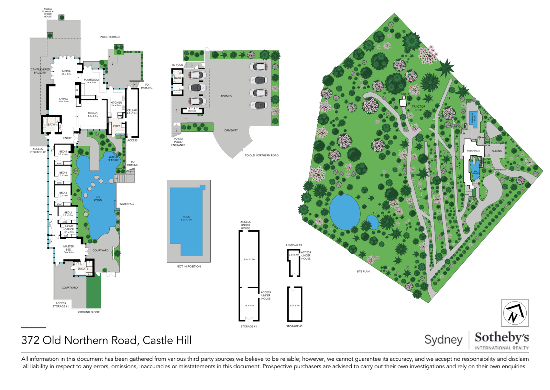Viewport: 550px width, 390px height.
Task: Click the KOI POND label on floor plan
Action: click(98, 199)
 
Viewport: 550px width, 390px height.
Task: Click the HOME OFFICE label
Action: click(69, 228)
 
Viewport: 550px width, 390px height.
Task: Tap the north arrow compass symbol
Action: click(515, 313)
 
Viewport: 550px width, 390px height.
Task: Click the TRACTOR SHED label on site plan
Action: click(418, 108)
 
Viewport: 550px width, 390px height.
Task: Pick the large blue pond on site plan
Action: click(344, 212)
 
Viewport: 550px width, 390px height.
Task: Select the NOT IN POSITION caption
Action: click(189, 266)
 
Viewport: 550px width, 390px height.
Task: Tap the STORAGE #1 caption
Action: click(249, 326)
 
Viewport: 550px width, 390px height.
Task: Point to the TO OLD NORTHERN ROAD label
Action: click(262, 155)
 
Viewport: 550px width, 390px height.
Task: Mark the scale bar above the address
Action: click(33, 327)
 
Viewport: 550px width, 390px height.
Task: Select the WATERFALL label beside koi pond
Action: click(126, 204)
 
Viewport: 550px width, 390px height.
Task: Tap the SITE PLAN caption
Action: click(363, 272)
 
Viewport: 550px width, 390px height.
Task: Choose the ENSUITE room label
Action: click(83, 268)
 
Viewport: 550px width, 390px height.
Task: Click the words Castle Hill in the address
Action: click(167, 340)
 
